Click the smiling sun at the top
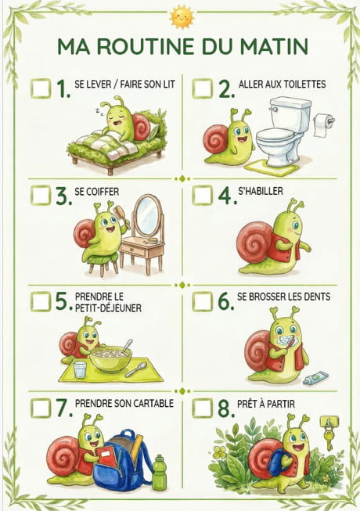(182, 16)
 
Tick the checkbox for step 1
(41, 88)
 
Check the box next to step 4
(203, 195)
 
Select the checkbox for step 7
(41, 408)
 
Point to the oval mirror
(148, 215)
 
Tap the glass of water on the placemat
(80, 369)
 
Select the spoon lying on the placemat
(136, 369)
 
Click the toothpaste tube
(315, 380)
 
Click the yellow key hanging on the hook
(329, 437)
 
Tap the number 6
(225, 301)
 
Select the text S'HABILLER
(261, 191)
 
